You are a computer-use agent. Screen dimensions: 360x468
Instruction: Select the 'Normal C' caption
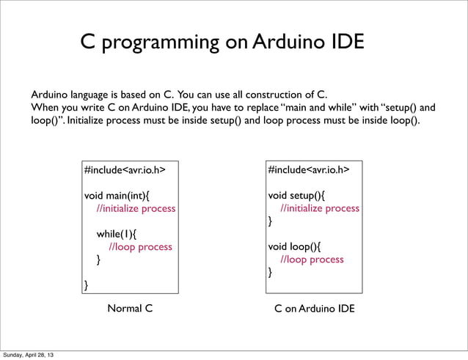point(130,309)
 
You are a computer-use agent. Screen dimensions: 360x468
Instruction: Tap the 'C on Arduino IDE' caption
point(314,309)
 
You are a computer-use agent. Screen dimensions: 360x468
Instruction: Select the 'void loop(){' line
point(294,246)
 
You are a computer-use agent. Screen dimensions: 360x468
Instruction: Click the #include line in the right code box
point(308,170)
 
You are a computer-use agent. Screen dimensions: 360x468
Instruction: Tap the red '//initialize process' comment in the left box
point(136,208)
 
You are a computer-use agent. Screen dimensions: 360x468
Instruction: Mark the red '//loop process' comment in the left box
point(140,246)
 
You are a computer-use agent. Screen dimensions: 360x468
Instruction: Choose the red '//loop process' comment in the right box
point(312,259)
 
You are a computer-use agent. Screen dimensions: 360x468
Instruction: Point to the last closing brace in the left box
point(87,284)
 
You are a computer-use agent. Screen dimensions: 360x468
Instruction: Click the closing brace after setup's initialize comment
point(270,221)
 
